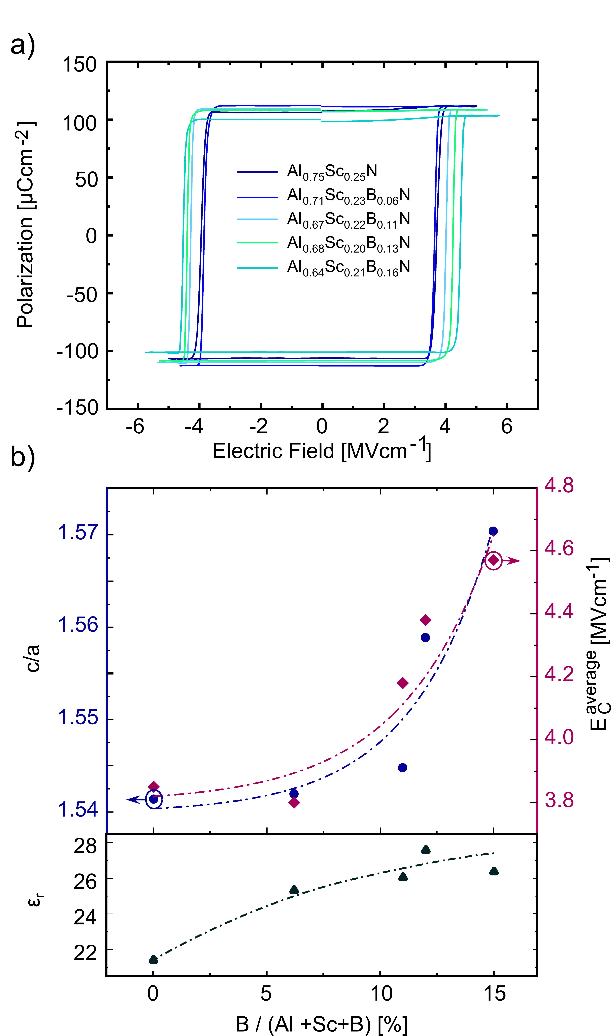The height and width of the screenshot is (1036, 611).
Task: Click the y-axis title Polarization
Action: [x=25, y=224]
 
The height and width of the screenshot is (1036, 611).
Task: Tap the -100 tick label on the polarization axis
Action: [x=77, y=351]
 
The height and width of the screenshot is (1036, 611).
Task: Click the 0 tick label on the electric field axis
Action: [x=322, y=426]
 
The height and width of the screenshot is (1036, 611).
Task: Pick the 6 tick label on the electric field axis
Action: [x=506, y=426]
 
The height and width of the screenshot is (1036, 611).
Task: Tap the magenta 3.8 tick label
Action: [x=559, y=800]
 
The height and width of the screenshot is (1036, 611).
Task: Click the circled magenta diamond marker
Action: [x=493, y=561]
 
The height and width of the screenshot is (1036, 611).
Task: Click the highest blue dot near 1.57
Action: [x=493, y=531]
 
